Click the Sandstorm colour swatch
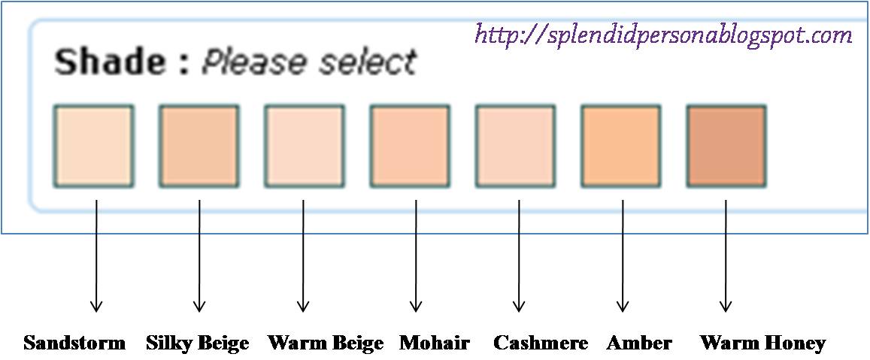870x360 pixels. pyautogui.click(x=93, y=146)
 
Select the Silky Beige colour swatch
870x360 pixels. pyautogui.click(x=199, y=146)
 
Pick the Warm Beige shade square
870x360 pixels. pyautogui.click(x=304, y=146)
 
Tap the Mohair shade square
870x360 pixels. pyautogui.click(x=410, y=146)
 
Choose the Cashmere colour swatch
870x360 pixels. pyautogui.click(x=515, y=146)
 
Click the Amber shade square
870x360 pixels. pyautogui.click(x=621, y=146)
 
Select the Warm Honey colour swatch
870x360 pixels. pyautogui.click(x=726, y=146)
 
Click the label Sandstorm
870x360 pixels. pyautogui.click(x=74, y=343)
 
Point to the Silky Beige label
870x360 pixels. pyautogui.click(x=198, y=343)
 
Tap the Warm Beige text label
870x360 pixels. pyautogui.click(x=326, y=343)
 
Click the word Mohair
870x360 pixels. pyautogui.click(x=435, y=343)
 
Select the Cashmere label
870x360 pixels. pyautogui.click(x=541, y=343)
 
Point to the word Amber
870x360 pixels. pyautogui.click(x=639, y=343)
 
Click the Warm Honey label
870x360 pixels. pyautogui.click(x=762, y=343)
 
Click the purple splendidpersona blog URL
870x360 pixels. pyautogui.click(x=664, y=35)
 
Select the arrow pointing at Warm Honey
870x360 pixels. pyautogui.click(x=726, y=256)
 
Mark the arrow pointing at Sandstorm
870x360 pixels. pyautogui.click(x=96, y=256)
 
